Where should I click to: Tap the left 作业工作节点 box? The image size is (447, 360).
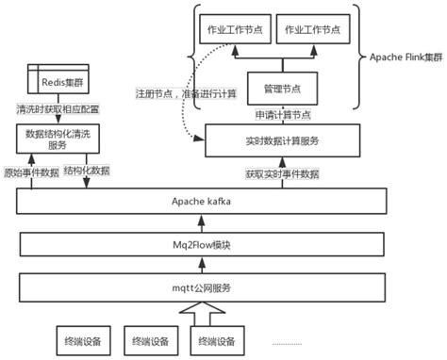click(236, 30)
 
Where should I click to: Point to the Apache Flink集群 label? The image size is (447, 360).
click(403, 57)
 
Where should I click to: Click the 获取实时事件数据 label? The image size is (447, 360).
click(282, 174)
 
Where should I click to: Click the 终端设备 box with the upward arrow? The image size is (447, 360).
click(216, 340)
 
